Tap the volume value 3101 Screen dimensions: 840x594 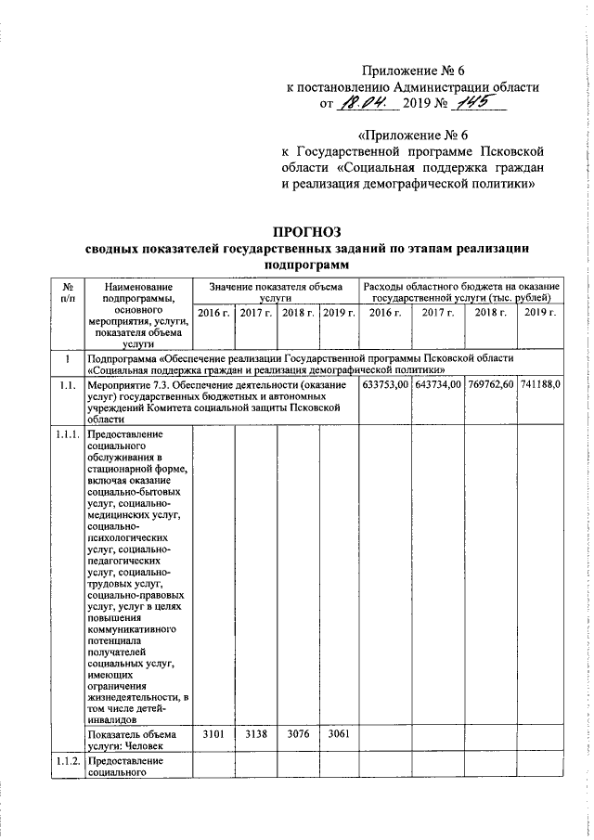point(213,733)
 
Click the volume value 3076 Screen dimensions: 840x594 point(298,733)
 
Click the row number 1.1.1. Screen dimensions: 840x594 point(67,433)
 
